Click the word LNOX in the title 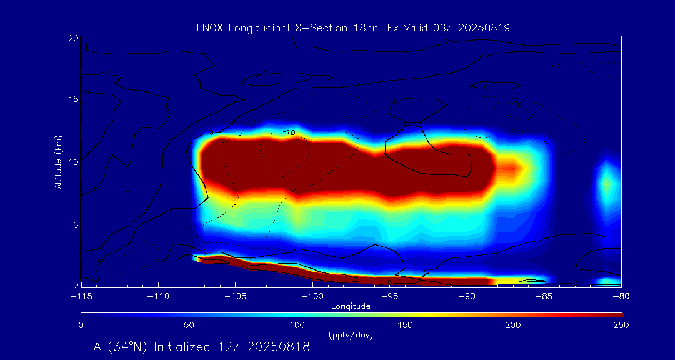209,27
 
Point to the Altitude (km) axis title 59,161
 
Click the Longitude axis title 351,306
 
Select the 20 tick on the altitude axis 72,38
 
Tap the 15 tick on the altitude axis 72,99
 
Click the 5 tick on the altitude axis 75,224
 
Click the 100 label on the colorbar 297,325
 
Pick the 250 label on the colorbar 621,325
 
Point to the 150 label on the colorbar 405,325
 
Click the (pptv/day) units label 351,336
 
